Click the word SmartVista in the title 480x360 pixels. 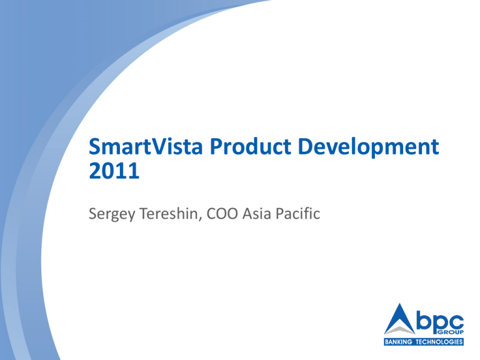(x=146, y=146)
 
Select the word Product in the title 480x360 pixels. (x=250, y=146)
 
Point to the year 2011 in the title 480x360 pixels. (x=114, y=171)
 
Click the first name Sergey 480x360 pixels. (x=112, y=214)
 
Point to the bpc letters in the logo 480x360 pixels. (x=440, y=322)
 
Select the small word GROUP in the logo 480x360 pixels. (x=451, y=332)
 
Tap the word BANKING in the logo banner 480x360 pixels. (x=399, y=342)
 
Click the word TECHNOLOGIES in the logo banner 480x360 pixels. (x=439, y=342)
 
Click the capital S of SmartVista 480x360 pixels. (x=94, y=147)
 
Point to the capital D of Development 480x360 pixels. (x=306, y=147)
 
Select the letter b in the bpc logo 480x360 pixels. (x=424, y=321)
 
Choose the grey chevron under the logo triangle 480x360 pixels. (x=400, y=330)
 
